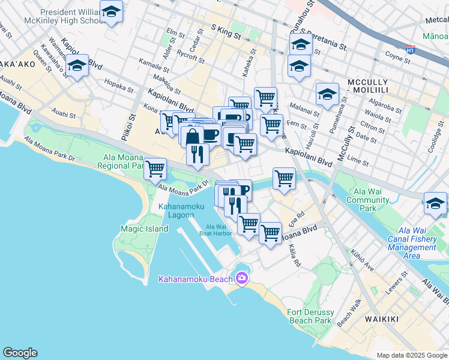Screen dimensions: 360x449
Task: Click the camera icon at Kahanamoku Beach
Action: click(241, 278)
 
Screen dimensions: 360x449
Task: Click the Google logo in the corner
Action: click(20, 353)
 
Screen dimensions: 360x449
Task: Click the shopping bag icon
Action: click(193, 137)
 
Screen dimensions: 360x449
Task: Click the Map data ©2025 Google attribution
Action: click(411, 355)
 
